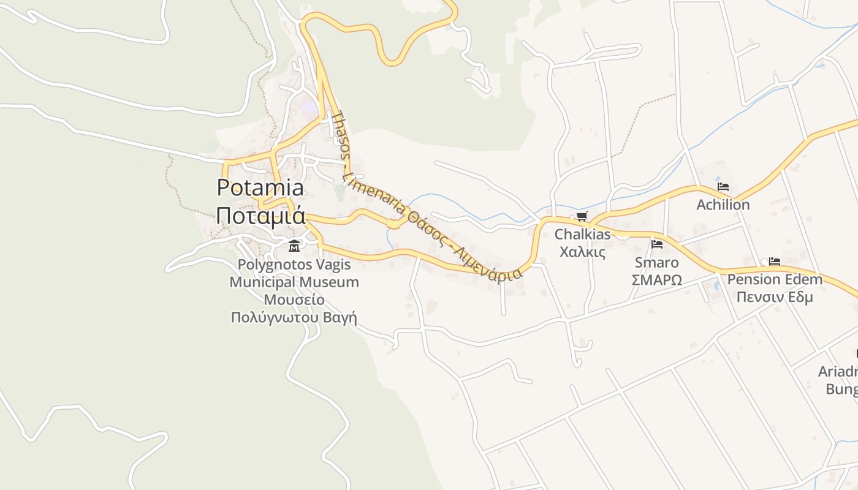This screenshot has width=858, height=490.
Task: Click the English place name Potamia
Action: [260, 187]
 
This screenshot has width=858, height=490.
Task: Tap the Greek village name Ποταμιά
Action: [260, 216]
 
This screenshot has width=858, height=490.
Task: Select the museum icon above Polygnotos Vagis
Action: [294, 246]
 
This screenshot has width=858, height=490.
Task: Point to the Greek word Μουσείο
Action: [294, 300]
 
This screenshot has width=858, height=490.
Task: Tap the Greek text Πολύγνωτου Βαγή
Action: [294, 318]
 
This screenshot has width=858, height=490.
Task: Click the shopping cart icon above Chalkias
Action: [582, 217]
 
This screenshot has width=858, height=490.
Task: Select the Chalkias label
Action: [583, 235]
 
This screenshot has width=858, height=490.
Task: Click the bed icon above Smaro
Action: [657, 244]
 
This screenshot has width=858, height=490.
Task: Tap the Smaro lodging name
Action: [657, 263]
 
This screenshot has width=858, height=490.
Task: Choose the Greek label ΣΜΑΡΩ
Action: [657, 280]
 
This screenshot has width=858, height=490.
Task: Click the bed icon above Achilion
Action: [723, 187]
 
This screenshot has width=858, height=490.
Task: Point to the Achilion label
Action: [723, 205]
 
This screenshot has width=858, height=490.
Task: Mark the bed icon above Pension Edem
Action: [775, 262]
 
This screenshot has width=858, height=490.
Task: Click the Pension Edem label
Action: [775, 280]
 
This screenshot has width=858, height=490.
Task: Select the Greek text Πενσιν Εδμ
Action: [775, 298]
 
